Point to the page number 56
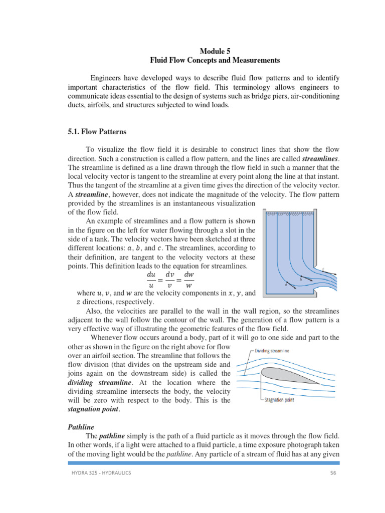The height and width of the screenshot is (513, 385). click(332, 473)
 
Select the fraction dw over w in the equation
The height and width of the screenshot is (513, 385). click(189, 280)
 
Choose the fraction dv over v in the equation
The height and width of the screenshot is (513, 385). click(170, 280)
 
